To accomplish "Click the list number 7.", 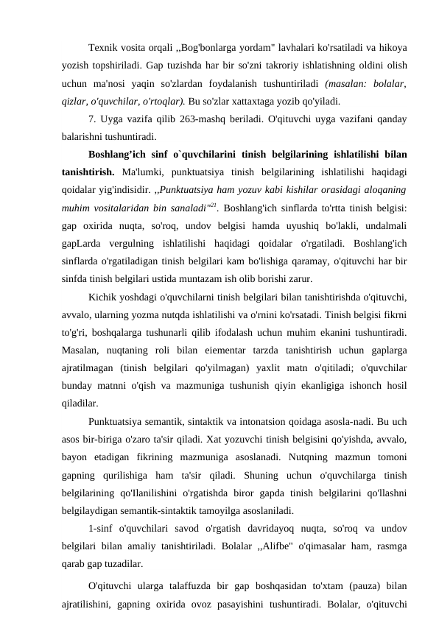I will (90, 118).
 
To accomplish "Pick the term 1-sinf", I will (102, 529).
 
